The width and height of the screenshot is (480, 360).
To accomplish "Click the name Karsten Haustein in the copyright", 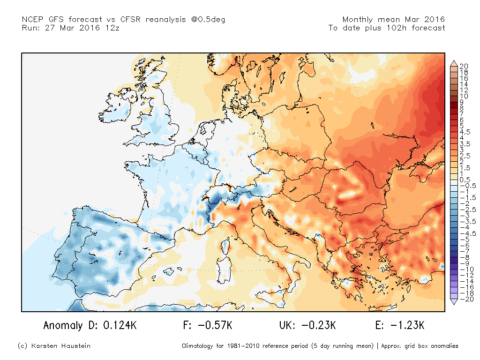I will coord(61,346).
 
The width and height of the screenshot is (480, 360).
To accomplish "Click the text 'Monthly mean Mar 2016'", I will coord(394,20).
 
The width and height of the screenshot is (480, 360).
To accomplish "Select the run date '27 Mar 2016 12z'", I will coord(82,28).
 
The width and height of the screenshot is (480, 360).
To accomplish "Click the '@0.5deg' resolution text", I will coord(196,20).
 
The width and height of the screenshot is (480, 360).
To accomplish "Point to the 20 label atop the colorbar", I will coord(464,66).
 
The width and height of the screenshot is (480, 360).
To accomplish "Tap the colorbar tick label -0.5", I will coord(464,186).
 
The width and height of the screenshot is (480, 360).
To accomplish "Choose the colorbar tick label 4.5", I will coord(464,132).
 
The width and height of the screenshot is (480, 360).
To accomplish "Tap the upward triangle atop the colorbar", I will coord(454,62).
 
